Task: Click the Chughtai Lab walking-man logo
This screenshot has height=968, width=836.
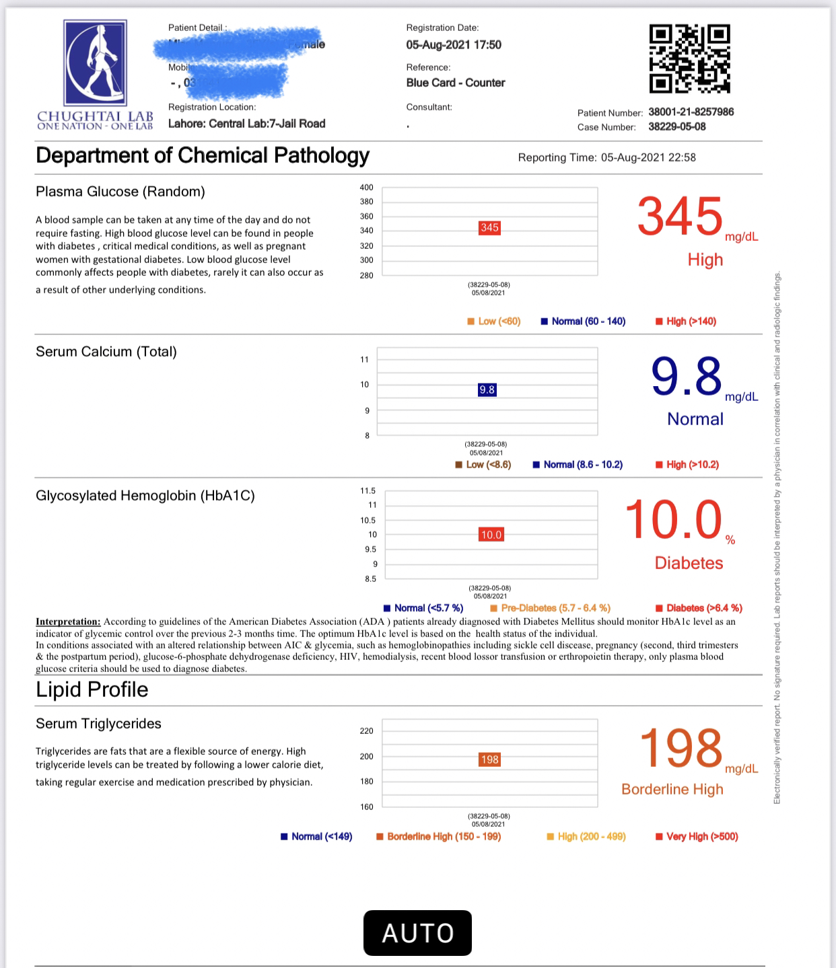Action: coord(95,62)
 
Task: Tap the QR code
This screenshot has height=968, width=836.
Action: coord(689,59)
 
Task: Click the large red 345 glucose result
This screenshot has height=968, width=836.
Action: coord(680,217)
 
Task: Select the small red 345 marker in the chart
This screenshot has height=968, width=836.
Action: coord(489,228)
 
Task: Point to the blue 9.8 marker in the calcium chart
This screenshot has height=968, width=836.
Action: coord(487,389)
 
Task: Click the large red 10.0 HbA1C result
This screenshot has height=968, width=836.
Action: coord(673,521)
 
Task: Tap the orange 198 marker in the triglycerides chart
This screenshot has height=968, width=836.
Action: coord(489,759)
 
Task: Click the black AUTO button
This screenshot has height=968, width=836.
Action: coord(417,933)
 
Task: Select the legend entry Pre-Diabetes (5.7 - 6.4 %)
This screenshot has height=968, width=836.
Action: coord(551,608)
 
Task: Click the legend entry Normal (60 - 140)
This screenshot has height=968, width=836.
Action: coord(584,322)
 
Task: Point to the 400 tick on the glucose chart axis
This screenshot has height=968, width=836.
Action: coord(366,188)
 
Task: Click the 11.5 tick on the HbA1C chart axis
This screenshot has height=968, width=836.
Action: coord(368,491)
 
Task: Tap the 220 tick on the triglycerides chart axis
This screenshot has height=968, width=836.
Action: coord(366,731)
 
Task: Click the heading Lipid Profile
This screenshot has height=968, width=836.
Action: coord(92,690)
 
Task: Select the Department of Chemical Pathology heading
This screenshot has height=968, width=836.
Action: coord(203,155)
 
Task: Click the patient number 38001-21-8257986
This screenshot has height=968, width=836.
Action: coord(691,112)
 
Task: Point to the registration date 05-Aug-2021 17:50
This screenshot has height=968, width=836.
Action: coord(454,44)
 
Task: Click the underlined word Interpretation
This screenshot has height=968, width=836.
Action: coord(68,622)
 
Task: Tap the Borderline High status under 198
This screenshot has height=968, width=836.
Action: coord(672,789)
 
